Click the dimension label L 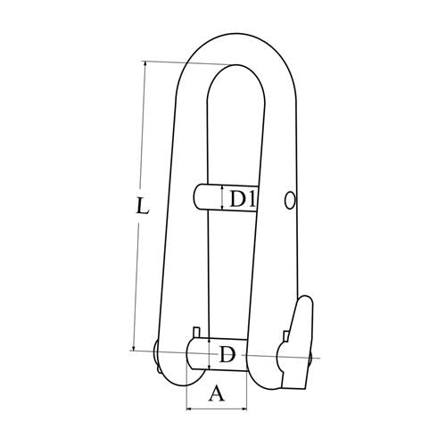pyautogui.click(x=142, y=205)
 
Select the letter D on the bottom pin pyautogui.click(x=227, y=354)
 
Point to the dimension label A pyautogui.click(x=217, y=392)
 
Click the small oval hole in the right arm pyautogui.click(x=290, y=201)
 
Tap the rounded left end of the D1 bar pyautogui.click(x=198, y=197)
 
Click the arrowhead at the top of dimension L pyautogui.click(x=145, y=63)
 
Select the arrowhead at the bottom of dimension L pyautogui.click(x=134, y=348)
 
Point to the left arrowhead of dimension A pyautogui.click(x=189, y=409)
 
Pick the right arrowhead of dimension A pyautogui.click(x=244, y=409)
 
